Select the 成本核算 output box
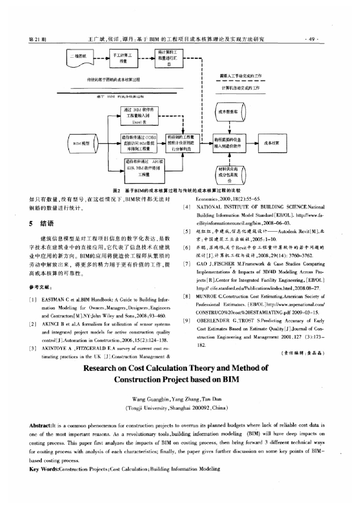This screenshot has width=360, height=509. tap(275, 142)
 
